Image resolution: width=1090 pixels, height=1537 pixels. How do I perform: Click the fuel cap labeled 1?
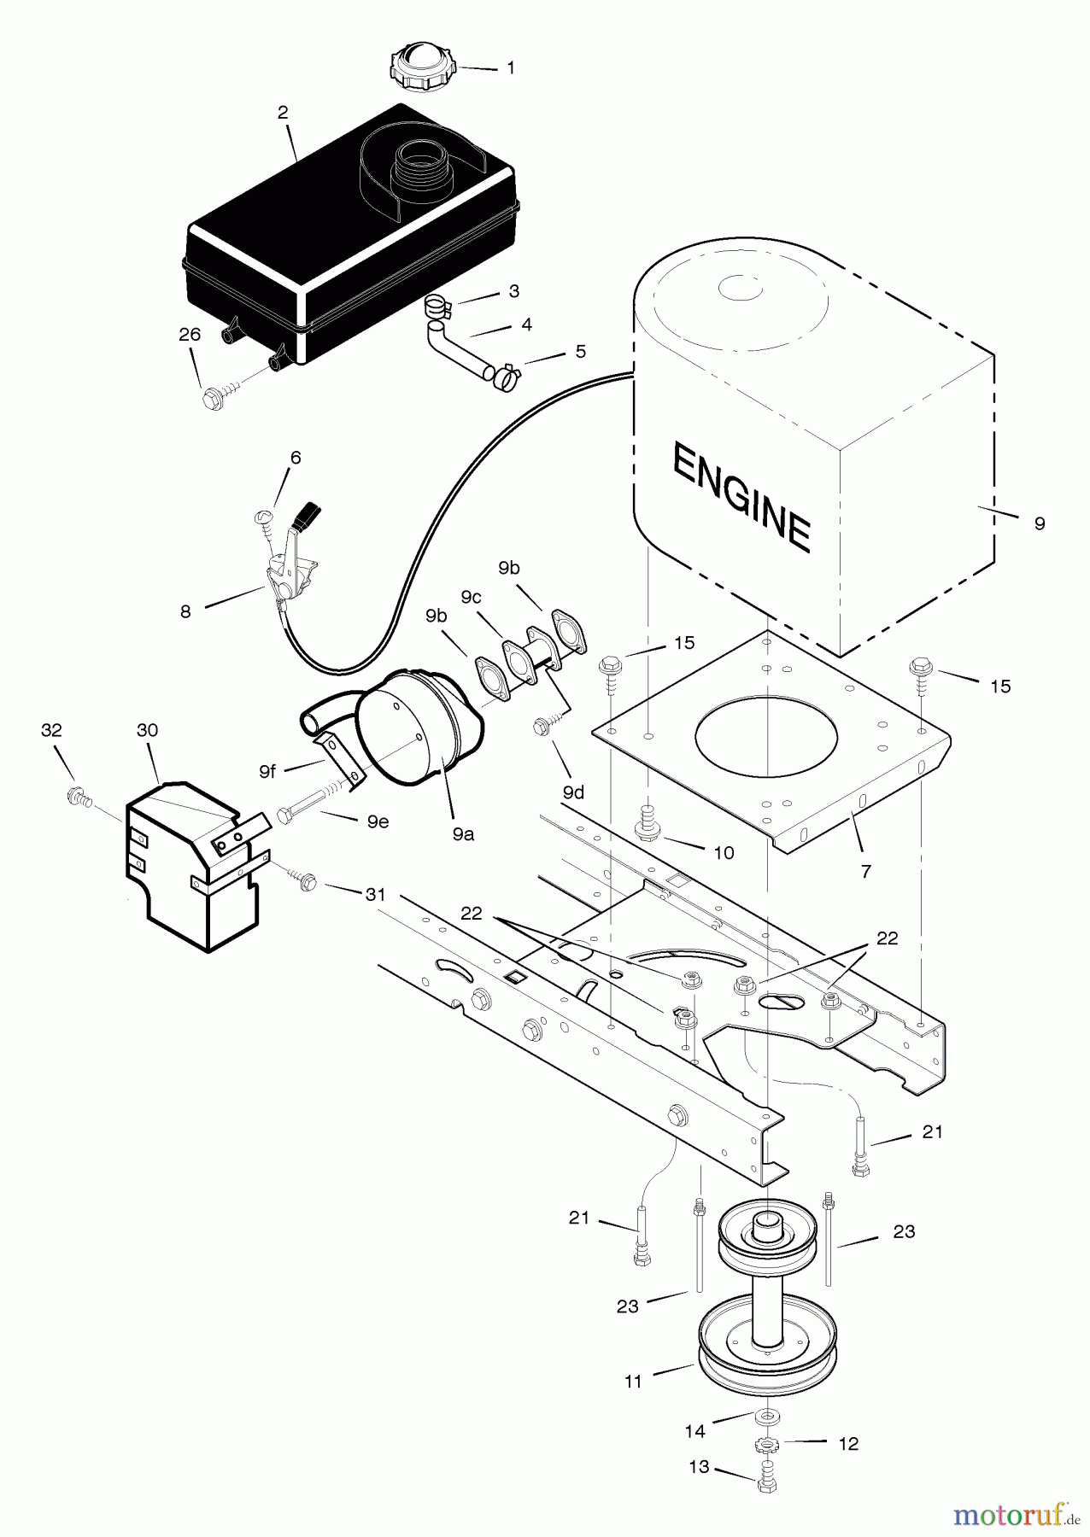click(422, 64)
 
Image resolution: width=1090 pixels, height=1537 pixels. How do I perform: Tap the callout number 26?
click(190, 335)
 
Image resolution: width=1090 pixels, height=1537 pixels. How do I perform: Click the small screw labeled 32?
click(75, 796)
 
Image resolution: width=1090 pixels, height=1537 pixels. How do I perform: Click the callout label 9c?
click(471, 597)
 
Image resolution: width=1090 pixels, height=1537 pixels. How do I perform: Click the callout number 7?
click(865, 871)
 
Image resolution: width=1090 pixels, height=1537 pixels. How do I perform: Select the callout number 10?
click(723, 853)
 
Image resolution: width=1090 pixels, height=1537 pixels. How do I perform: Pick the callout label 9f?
click(267, 771)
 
